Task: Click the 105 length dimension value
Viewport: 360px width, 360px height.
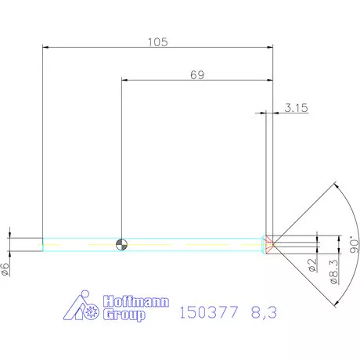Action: [157, 42]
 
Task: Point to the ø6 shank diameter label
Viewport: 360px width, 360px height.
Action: [5, 268]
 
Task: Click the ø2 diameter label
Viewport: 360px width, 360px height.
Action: [311, 265]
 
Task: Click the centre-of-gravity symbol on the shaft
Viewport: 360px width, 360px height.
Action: [120, 244]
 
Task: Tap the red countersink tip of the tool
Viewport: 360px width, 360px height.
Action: [269, 243]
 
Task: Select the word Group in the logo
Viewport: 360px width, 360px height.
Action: [125, 315]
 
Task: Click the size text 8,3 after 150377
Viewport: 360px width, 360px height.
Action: [264, 312]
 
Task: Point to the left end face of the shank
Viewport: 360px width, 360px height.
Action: [42, 244]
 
